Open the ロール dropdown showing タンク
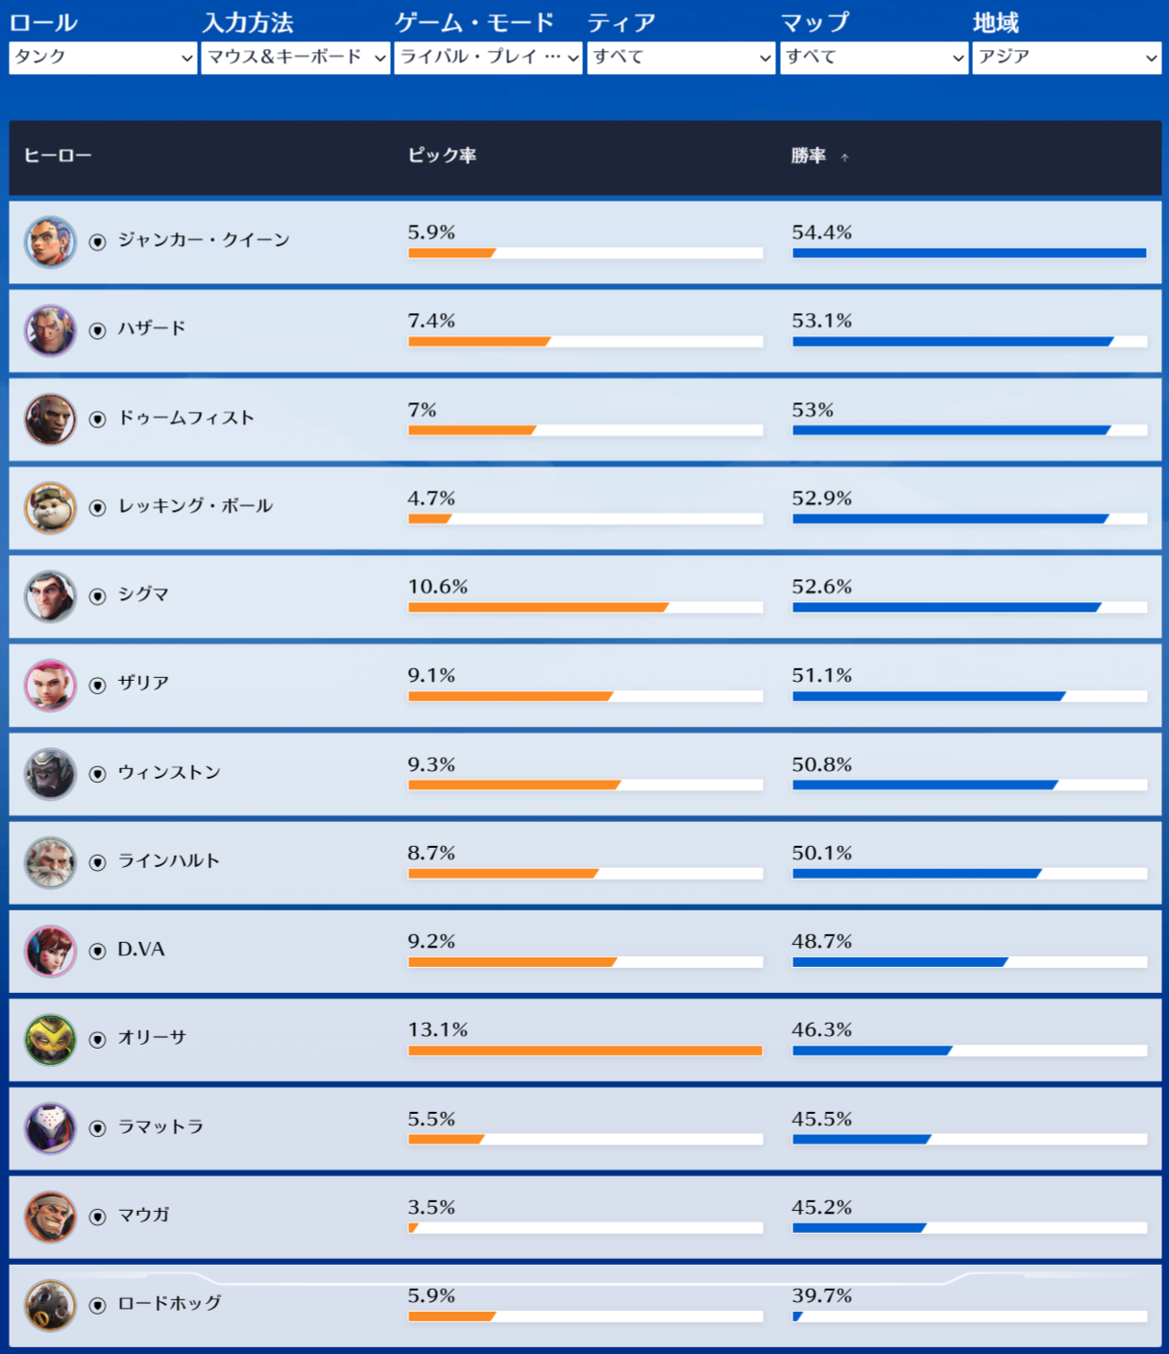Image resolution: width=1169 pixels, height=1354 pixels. click(103, 58)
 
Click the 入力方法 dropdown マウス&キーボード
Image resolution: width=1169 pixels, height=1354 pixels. click(295, 58)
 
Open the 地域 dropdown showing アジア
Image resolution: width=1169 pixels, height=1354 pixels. click(1066, 58)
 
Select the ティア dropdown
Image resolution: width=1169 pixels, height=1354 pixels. click(680, 58)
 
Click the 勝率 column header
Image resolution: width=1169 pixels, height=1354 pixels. click(809, 156)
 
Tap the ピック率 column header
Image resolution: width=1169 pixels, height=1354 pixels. click(442, 156)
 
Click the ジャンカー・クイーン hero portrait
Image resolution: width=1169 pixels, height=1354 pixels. click(50, 241)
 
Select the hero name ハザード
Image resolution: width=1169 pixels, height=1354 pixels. click(152, 328)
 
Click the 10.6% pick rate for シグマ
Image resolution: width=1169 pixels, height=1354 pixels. click(437, 587)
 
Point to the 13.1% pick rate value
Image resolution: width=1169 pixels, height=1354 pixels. click(437, 1030)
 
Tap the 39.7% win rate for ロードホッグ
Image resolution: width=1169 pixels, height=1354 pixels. click(821, 1295)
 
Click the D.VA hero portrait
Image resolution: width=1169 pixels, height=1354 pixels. click(50, 951)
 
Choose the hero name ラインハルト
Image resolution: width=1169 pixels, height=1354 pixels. click(169, 860)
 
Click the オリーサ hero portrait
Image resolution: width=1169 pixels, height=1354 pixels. click(50, 1039)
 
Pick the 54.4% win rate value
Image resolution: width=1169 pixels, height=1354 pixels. click(821, 232)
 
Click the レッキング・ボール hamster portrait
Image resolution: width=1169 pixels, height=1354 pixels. click(50, 507)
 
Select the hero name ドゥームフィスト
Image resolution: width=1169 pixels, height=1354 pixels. click(186, 418)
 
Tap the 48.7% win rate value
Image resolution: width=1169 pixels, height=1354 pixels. click(821, 941)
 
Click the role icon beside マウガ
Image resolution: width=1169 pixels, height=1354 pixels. click(97, 1217)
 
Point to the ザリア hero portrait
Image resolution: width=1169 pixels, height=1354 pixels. click(50, 685)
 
